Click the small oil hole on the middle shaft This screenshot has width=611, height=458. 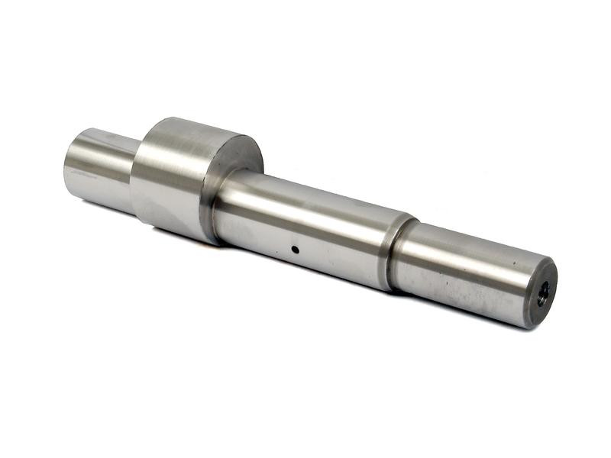click(294, 249)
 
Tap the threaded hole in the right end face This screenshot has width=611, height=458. click(542, 293)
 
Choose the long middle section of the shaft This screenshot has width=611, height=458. click(305, 229)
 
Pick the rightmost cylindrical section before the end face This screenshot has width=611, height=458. click(466, 271)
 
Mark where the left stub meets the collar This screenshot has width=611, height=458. click(134, 172)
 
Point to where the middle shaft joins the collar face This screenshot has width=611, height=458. click(218, 206)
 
